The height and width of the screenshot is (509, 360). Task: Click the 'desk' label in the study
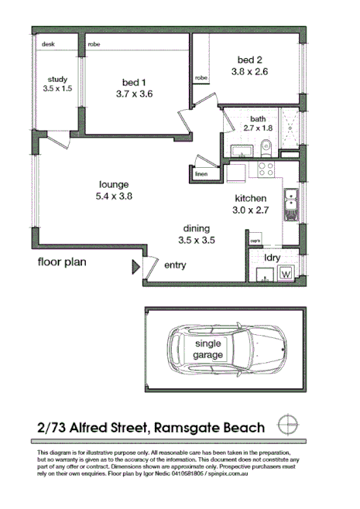pos(48,45)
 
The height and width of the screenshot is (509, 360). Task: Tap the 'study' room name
pos(59,79)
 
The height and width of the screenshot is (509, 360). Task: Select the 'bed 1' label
pos(135,83)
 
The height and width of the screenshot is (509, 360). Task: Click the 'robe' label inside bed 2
pos(201,78)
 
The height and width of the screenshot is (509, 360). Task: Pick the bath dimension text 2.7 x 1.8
pos(258,128)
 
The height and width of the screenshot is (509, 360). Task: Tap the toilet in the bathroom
pos(265,144)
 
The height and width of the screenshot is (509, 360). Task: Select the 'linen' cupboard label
pos(203,173)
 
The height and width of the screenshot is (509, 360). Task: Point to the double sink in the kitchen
pos(291,204)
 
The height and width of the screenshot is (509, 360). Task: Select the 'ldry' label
pos(273,257)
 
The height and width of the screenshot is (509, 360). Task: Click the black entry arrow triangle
pos(136,267)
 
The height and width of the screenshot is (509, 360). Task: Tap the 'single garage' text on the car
pos(208,349)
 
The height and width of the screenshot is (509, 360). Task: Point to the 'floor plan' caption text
pos(63,261)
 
